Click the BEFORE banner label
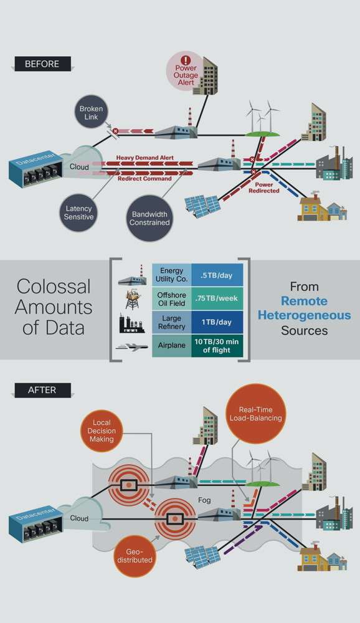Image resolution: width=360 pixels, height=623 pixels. pyautogui.click(x=42, y=64)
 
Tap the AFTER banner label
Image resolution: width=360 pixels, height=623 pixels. pyautogui.click(x=42, y=390)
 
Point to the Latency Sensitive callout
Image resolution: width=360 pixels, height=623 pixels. pyautogui.click(x=79, y=212)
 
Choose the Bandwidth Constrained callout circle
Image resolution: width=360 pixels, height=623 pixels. pyautogui.click(x=149, y=218)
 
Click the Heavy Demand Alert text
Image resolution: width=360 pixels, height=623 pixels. pyautogui.click(x=144, y=158)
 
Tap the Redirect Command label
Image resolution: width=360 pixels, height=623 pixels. pyautogui.click(x=144, y=179)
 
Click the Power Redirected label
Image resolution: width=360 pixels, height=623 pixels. pyautogui.click(x=264, y=188)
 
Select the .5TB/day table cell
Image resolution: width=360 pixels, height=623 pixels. pyautogui.click(x=217, y=275)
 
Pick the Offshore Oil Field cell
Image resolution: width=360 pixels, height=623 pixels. pyautogui.click(x=172, y=299)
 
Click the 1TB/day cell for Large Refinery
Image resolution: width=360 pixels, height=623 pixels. pyautogui.click(x=217, y=322)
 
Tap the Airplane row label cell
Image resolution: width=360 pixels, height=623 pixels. pyautogui.click(x=172, y=346)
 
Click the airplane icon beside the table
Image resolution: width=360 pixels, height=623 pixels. pyautogui.click(x=132, y=347)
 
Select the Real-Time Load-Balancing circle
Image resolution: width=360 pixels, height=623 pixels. pyautogui.click(x=255, y=414)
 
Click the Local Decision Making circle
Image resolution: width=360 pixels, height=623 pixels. pyautogui.click(x=102, y=430)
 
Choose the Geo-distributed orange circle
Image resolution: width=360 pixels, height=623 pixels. pyautogui.click(x=135, y=556)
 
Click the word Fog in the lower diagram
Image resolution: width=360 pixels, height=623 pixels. pyautogui.click(x=204, y=500)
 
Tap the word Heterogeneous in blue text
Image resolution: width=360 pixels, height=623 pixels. pyautogui.click(x=305, y=315)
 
